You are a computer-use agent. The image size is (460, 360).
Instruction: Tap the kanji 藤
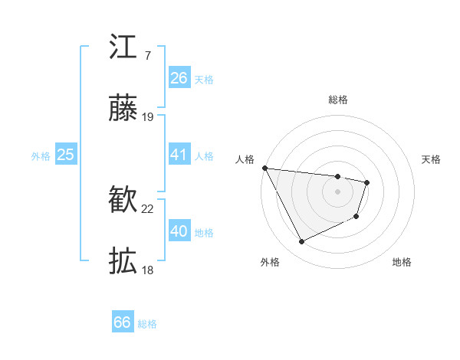tap(123, 110)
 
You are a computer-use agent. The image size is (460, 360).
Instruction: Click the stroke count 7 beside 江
tap(147, 55)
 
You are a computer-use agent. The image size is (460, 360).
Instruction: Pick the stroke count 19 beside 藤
tap(148, 117)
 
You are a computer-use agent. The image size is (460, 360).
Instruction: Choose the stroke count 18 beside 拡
tap(148, 270)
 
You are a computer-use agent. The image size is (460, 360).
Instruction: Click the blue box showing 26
tap(179, 78)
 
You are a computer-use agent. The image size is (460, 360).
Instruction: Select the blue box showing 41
tap(179, 155)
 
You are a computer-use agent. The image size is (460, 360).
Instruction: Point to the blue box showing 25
tap(66, 155)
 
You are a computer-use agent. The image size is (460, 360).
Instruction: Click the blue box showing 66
tap(123, 322)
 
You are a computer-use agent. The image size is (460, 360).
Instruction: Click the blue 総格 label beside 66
tap(147, 324)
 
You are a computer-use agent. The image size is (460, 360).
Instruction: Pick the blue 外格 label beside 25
tap(41, 156)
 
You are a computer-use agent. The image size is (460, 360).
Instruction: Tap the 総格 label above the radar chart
tap(338, 100)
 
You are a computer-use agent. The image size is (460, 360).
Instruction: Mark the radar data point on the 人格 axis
tap(264, 168)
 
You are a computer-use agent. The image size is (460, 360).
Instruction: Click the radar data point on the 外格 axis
tap(301, 242)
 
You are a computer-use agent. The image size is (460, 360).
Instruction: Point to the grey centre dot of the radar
tap(338, 191)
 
